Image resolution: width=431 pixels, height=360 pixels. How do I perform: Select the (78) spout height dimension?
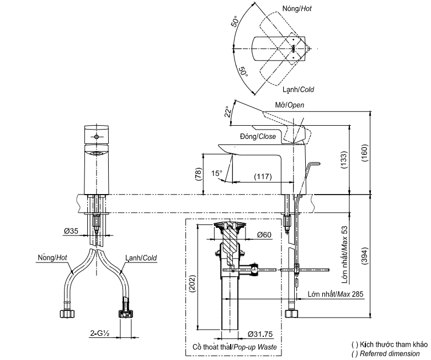click(197, 175)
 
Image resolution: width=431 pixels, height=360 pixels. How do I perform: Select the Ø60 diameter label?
click(264, 235)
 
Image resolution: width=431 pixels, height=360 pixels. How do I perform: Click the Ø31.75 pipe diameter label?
click(261, 335)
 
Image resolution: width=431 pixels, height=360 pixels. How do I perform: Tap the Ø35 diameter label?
click(70, 231)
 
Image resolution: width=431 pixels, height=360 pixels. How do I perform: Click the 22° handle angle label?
click(226, 112)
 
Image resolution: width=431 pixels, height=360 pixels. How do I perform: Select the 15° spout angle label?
click(217, 174)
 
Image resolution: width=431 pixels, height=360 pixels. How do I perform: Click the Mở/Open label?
click(289, 105)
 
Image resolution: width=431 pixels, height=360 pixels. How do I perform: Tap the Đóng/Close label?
click(258, 136)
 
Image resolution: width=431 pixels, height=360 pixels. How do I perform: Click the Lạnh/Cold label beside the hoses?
click(142, 257)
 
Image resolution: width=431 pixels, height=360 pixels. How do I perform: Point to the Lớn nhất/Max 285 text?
click(335, 295)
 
